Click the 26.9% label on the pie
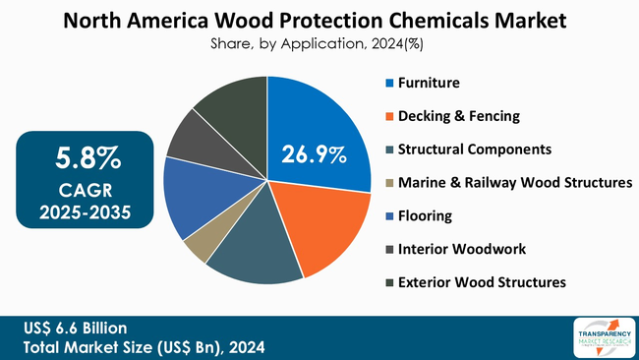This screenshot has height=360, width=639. (x=314, y=154)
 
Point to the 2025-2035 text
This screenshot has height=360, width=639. (x=88, y=210)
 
